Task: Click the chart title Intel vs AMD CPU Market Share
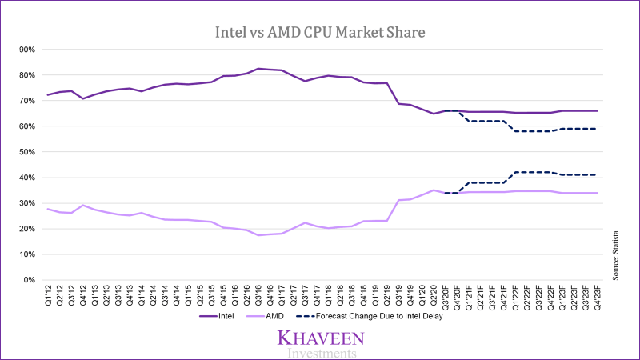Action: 321,33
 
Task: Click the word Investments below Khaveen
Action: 318,353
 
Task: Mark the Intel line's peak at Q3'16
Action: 258,69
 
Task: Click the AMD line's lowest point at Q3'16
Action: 258,235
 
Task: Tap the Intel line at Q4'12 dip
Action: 83,98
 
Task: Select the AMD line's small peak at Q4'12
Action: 83,205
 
